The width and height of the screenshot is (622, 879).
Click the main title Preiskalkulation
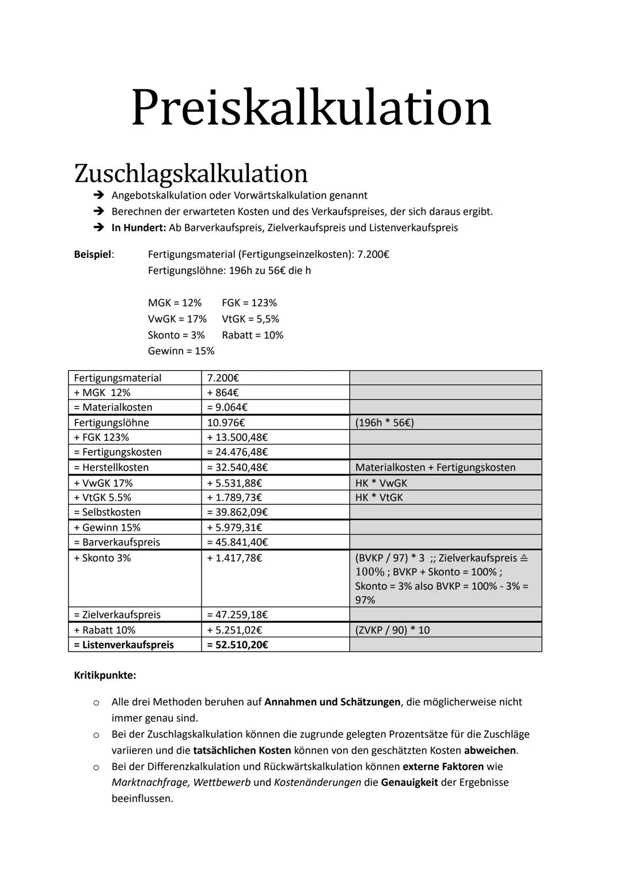click(311, 107)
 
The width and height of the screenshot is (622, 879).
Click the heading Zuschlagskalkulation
click(191, 173)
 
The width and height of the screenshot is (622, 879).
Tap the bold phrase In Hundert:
click(138, 227)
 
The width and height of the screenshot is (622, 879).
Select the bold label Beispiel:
click(94, 254)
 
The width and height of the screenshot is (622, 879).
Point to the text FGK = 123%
click(249, 303)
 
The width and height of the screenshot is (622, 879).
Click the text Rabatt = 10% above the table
click(252, 335)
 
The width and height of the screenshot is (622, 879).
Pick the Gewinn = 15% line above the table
click(181, 351)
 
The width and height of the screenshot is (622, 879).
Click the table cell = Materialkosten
click(113, 408)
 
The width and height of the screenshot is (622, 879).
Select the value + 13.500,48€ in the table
click(237, 437)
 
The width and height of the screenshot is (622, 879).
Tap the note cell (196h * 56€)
click(384, 423)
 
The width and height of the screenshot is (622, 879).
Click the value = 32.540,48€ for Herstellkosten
click(237, 467)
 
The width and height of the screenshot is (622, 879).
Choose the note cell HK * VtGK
click(379, 497)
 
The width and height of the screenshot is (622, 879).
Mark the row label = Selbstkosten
click(107, 512)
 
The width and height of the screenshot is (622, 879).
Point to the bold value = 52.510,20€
click(237, 645)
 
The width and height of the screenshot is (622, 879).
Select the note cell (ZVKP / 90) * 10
click(392, 630)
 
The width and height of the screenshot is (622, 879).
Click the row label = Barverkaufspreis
click(117, 542)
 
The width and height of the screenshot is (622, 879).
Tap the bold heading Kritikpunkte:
click(105, 675)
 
